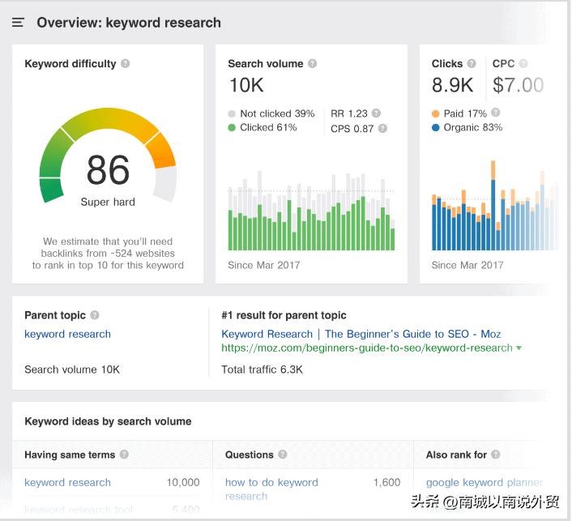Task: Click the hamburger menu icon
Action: tap(18, 23)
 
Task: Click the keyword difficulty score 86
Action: tap(108, 170)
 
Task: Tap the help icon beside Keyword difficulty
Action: tap(126, 64)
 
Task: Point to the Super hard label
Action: tap(108, 202)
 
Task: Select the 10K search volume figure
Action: tap(246, 85)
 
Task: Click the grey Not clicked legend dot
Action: tap(232, 114)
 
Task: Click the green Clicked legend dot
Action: tap(232, 128)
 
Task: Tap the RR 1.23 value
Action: tap(349, 114)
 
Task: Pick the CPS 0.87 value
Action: tap(352, 128)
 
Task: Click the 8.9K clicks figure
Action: tap(453, 85)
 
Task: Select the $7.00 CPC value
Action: tap(518, 85)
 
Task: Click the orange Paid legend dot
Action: tap(436, 114)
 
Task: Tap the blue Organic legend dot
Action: tap(436, 128)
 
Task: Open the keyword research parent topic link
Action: tap(67, 334)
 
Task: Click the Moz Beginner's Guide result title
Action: tap(361, 334)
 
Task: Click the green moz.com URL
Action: tap(367, 348)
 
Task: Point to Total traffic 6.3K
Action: tap(262, 369)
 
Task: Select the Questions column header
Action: tap(250, 455)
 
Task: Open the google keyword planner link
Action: tap(484, 482)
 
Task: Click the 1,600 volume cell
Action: tap(386, 482)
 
